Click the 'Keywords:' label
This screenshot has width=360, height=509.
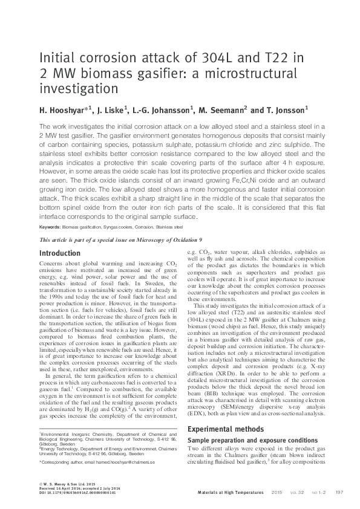click(50, 227)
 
